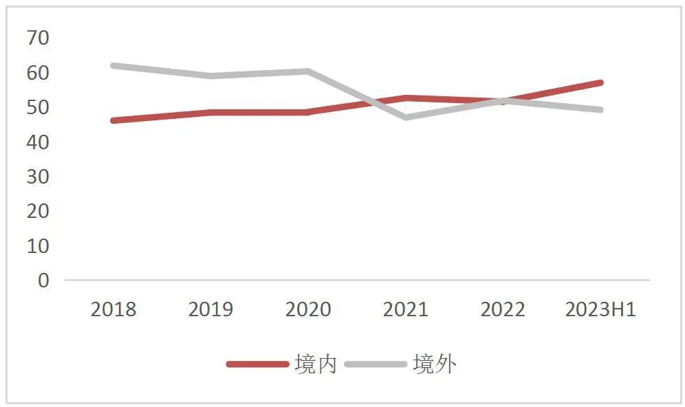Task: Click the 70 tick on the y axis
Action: [38, 38]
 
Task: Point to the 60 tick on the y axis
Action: [38, 72]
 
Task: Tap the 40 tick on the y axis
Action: [38, 142]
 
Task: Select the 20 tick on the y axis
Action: [38, 211]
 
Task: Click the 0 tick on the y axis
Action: [43, 280]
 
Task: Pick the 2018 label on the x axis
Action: [113, 309]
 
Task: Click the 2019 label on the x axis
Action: [211, 309]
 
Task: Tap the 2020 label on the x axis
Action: [308, 309]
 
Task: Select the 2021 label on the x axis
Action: [406, 309]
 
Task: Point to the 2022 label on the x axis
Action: [503, 309]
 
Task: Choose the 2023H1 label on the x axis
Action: [600, 309]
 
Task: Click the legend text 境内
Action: [316, 364]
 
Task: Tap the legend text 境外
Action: [434, 364]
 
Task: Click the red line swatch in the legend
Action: [257, 364]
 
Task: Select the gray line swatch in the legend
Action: [376, 364]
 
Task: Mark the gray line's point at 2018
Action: [113, 65]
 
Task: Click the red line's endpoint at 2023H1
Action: [600, 82]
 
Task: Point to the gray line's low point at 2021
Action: [406, 118]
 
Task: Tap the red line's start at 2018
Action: [113, 120]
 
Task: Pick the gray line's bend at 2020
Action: [308, 71]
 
